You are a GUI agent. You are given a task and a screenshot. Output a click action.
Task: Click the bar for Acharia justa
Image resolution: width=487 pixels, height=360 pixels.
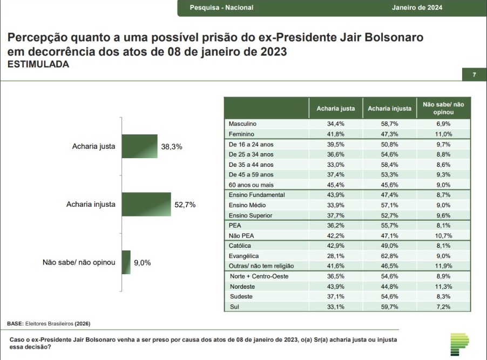(139, 146)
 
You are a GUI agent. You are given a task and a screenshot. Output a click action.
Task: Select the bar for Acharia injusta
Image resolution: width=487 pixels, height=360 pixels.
(146, 205)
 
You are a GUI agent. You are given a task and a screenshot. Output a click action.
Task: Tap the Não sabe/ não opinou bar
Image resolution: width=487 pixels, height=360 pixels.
(126, 262)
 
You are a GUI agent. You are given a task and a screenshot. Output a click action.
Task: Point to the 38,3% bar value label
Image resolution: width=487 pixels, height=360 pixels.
(172, 147)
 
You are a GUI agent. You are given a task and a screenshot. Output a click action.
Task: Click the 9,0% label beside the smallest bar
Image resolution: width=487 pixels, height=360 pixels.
(142, 263)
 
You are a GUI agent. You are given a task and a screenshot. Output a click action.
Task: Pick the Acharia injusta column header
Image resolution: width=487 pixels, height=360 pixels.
(389, 108)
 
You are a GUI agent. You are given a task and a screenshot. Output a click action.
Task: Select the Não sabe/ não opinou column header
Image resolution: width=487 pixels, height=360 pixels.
(443, 108)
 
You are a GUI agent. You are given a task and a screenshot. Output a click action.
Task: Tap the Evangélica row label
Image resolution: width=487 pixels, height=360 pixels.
(244, 256)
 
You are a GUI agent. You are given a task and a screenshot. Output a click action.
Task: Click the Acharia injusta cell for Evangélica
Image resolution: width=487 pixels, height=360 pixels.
(389, 256)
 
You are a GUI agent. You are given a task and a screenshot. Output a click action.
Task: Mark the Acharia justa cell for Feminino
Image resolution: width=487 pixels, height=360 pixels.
(335, 134)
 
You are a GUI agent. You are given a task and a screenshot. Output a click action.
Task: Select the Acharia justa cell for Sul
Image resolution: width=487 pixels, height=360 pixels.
(335, 307)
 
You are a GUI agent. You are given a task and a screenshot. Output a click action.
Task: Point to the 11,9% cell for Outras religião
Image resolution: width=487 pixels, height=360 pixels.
(443, 266)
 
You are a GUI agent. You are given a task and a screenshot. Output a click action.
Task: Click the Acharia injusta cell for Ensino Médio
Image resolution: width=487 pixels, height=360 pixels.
(389, 205)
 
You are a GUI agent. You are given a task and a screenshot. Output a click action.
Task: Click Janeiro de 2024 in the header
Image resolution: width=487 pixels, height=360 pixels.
(417, 8)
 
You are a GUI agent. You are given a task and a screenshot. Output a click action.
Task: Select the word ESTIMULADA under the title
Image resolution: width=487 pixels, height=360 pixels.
(38, 64)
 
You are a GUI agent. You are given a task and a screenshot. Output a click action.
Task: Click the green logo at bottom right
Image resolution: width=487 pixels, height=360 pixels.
(459, 344)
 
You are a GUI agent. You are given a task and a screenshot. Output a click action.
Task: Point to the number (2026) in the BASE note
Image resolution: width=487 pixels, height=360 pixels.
(82, 323)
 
